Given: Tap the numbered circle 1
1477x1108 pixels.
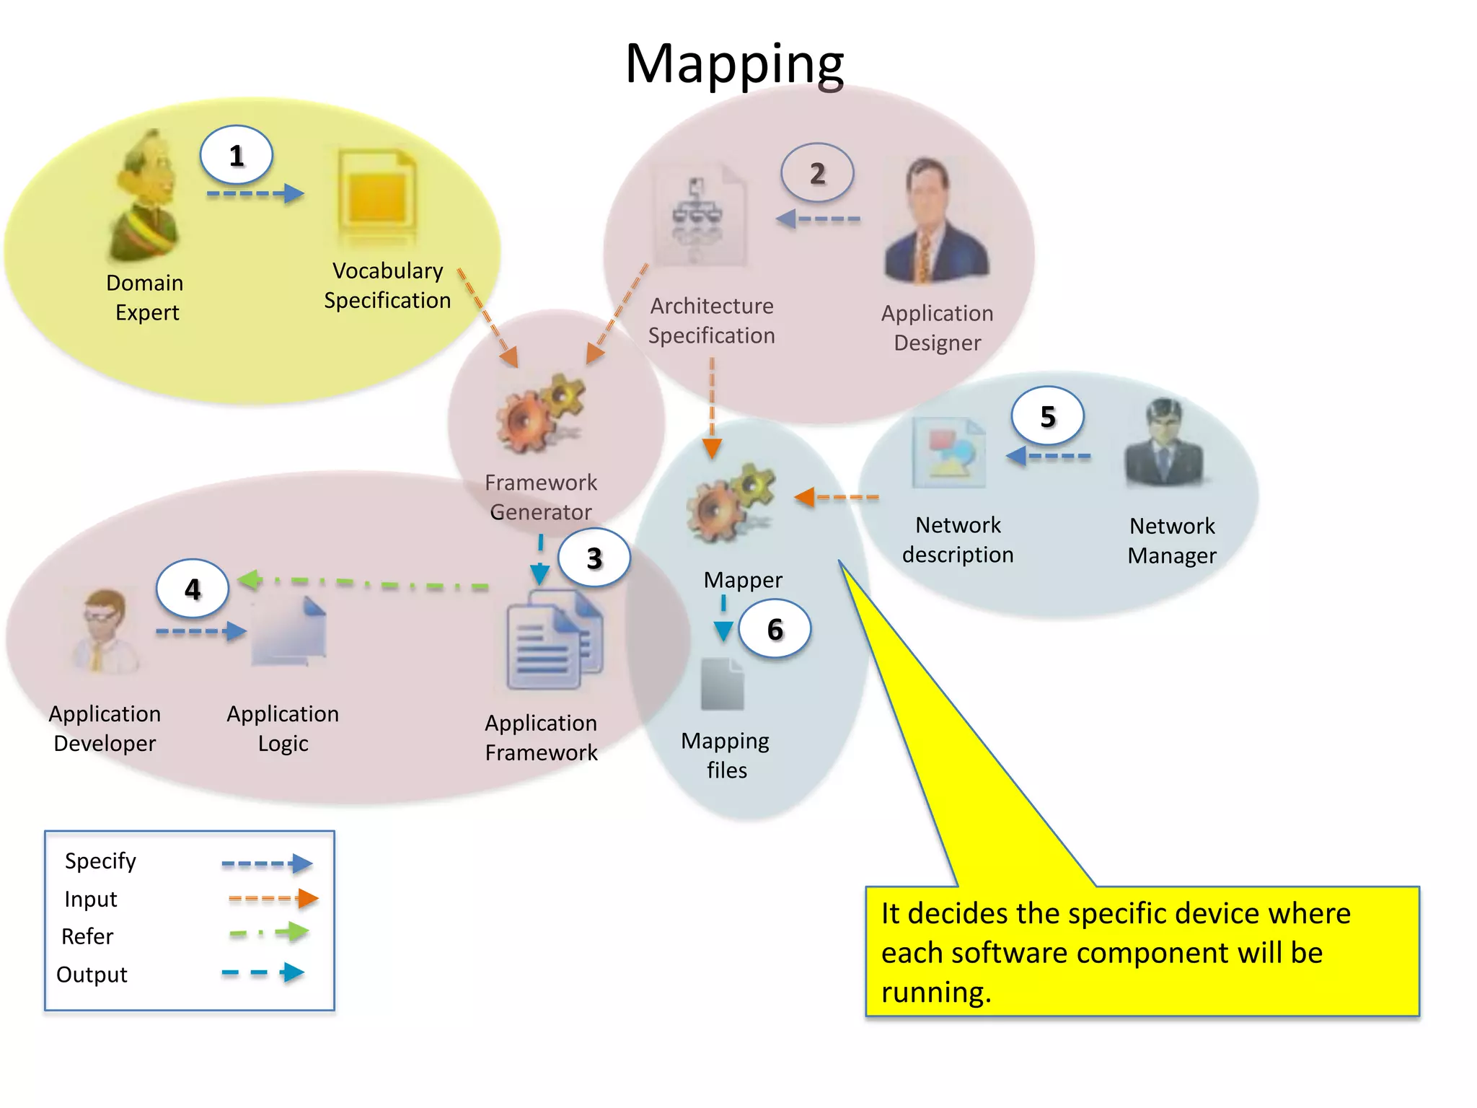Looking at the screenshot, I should [x=236, y=155].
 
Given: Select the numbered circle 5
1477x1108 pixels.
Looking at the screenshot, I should [x=1047, y=416].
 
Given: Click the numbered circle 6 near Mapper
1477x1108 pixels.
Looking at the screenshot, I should [x=775, y=629].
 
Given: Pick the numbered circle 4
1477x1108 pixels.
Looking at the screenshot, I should [x=192, y=589].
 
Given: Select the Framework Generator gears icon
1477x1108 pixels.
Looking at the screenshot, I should [x=539, y=414].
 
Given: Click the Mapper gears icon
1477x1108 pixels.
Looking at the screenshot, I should [x=730, y=502].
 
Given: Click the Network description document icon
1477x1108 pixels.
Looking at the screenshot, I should [x=949, y=453].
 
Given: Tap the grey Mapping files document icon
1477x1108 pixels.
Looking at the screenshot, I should [x=722, y=684].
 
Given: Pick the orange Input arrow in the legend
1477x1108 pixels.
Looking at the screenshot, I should [x=273, y=898].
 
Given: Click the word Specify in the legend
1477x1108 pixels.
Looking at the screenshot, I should [x=100, y=861].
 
